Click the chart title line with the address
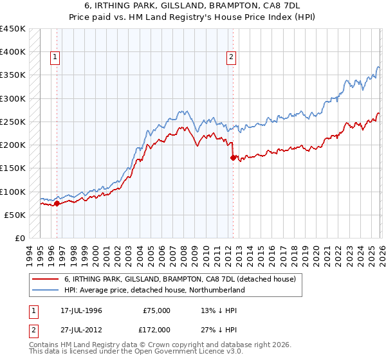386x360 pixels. pyautogui.click(x=192, y=6)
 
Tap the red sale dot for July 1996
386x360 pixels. pyautogui.click(x=57, y=204)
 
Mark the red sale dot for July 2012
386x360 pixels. pyautogui.click(x=233, y=157)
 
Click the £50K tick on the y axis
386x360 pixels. pyautogui.click(x=15, y=215)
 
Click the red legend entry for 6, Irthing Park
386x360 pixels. pyautogui.click(x=179, y=280)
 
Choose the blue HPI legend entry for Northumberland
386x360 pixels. pyautogui.click(x=154, y=291)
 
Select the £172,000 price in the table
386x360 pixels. pyautogui.click(x=157, y=329)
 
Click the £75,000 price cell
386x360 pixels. pyautogui.click(x=157, y=310)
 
